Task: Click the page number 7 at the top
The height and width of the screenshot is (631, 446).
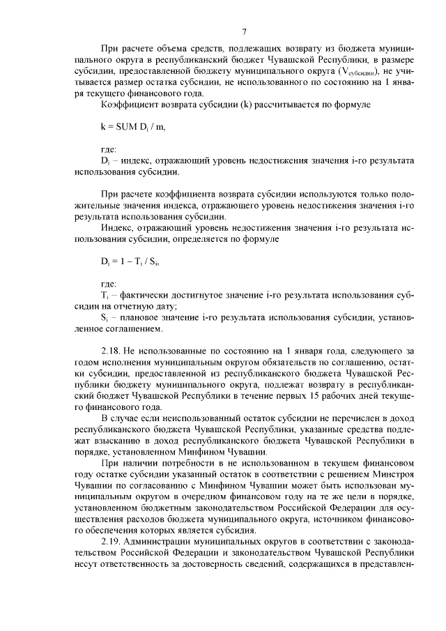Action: pyautogui.click(x=245, y=31)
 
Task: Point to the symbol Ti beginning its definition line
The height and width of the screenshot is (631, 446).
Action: pyautogui.click(x=105, y=296)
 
